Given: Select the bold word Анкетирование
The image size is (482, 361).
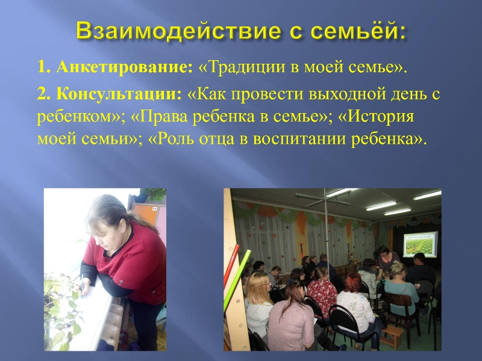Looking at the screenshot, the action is coord(124,67).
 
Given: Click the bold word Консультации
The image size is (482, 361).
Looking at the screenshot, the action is coord(119,94).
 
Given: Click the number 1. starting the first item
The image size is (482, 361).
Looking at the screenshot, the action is coord(44,67).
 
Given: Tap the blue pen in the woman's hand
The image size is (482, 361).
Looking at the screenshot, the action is coord(82,286).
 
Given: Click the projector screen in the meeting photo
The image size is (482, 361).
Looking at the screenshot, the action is coord(420,244).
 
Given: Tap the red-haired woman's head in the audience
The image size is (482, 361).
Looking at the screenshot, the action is coord(352,282).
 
